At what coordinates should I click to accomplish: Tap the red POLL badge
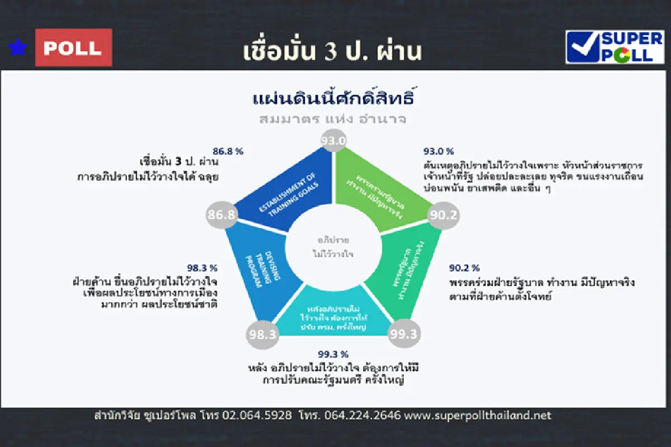[73, 48]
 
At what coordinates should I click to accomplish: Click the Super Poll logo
[615, 47]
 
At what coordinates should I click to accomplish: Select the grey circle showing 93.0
[333, 140]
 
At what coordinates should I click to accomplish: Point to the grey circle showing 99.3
[404, 334]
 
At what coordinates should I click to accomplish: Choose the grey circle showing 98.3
[262, 335]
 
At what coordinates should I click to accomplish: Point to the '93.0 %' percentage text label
[438, 151]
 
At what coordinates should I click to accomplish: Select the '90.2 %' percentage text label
[464, 268]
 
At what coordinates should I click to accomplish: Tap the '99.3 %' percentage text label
[333, 354]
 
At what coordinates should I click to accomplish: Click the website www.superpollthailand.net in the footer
[478, 416]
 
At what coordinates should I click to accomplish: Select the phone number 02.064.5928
[257, 416]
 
